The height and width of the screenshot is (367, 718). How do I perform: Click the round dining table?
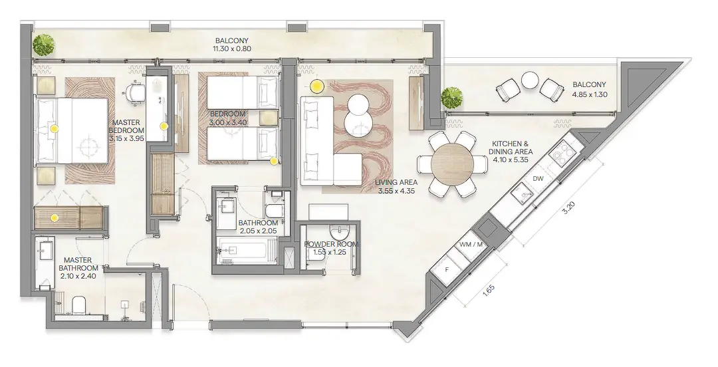click(x=451, y=164)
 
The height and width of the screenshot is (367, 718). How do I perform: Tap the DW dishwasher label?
click(x=538, y=178)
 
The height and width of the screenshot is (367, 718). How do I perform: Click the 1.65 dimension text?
click(x=489, y=291)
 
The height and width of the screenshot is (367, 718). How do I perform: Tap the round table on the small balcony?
click(x=530, y=80)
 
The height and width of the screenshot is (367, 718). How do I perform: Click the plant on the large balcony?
click(x=44, y=45)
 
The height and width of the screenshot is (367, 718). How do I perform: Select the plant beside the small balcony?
click(x=452, y=97)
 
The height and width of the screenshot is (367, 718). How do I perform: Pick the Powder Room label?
click(x=331, y=248)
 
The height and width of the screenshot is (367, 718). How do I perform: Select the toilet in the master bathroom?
click(x=78, y=305)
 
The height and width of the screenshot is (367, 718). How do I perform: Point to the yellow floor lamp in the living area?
click(x=317, y=86)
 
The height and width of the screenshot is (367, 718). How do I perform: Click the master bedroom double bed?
click(x=71, y=130)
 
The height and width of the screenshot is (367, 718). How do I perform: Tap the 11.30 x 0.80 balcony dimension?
click(x=231, y=49)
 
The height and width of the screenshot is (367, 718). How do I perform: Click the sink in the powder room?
click(x=340, y=233)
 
